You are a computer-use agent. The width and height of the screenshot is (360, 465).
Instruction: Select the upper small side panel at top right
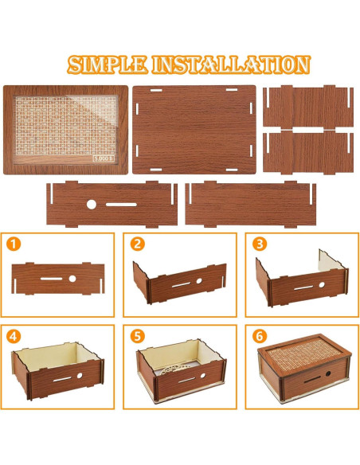click(307, 106)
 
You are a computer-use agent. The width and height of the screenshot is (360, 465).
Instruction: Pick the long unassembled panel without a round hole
click(250, 204)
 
